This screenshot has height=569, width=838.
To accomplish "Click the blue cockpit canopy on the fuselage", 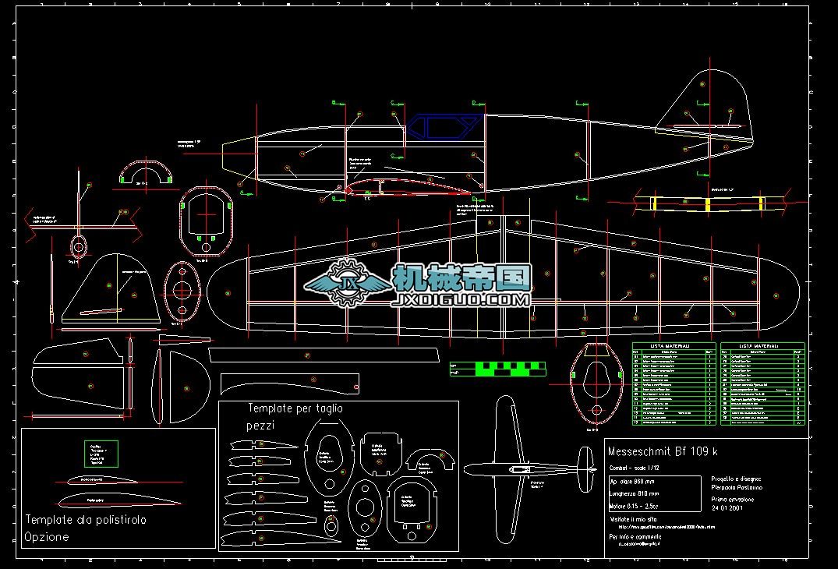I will click(443, 127).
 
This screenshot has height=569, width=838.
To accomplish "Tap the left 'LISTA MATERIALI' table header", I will click(674, 345).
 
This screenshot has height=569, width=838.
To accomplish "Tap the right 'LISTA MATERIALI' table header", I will click(762, 345).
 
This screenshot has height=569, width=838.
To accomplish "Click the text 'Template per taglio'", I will click(295, 408).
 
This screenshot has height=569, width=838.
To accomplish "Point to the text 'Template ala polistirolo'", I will click(86, 519).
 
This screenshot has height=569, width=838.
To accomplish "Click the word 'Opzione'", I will click(47, 537).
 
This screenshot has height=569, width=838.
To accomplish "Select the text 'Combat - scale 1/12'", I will click(638, 468).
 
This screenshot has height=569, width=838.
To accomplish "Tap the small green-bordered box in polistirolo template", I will click(101, 454).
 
